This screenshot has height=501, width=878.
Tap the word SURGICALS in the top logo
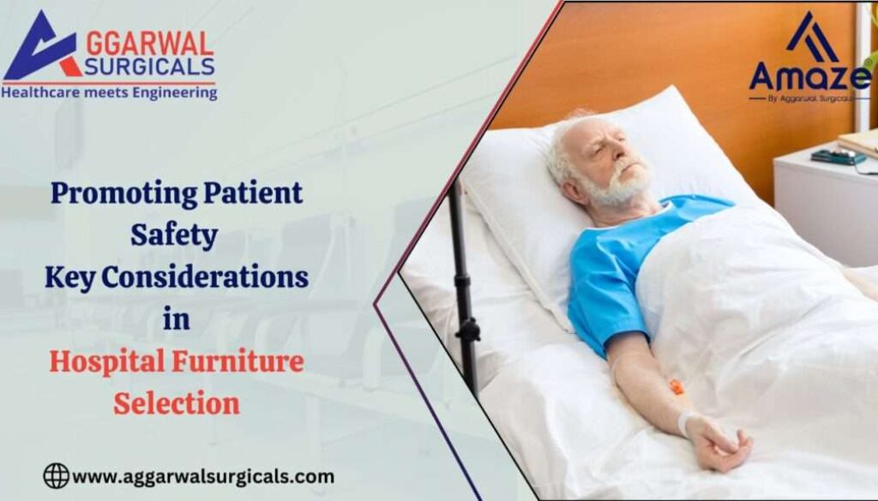(146, 67)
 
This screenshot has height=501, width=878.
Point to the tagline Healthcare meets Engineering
(109, 92)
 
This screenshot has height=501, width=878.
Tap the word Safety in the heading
(174, 236)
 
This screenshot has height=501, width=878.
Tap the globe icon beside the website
(56, 476)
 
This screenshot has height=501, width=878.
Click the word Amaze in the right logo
(809, 77)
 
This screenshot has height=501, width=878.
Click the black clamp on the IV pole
(468, 330)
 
